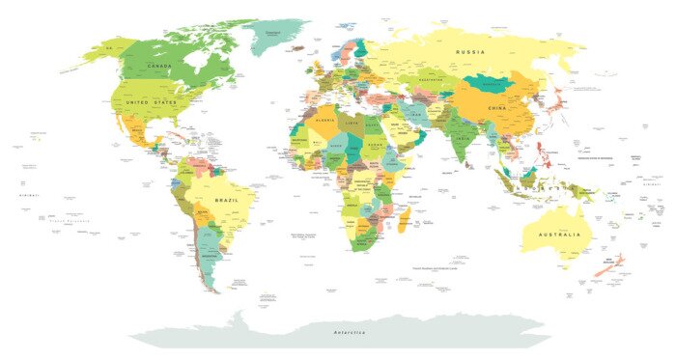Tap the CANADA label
coord(159,66)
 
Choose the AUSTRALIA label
coord(561,234)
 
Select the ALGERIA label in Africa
coord(326,122)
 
